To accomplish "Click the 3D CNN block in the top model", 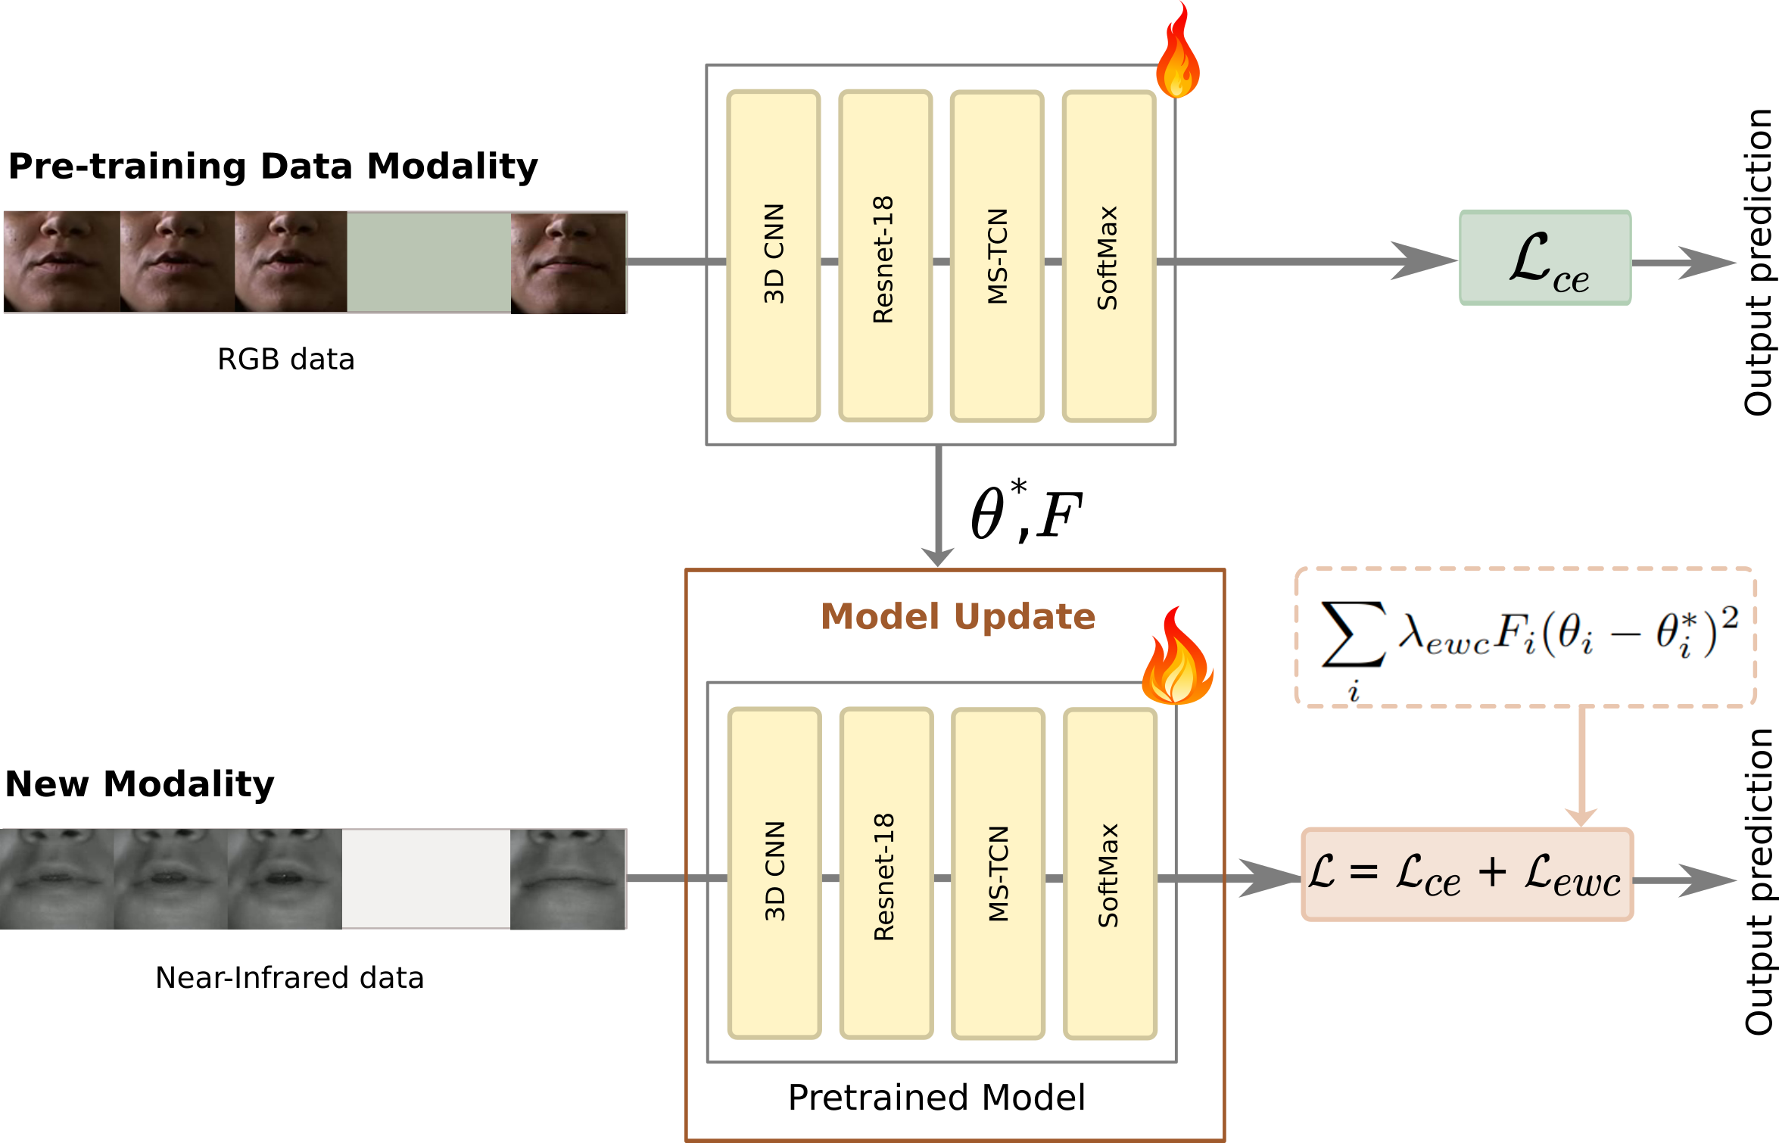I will tap(773, 256).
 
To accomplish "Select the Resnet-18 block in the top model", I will tap(885, 256).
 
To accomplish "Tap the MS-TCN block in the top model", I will tap(997, 256).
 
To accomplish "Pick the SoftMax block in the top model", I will tap(1108, 256).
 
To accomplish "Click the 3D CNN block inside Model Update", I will tap(774, 873).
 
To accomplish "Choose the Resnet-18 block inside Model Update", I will tap(886, 873).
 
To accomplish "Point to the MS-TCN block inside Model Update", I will tap(998, 873).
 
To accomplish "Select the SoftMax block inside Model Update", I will tap(1110, 873).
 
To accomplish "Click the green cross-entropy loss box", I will tap(1545, 258).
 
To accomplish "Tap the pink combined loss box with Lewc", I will tap(1466, 874).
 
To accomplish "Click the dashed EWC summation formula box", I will tap(1529, 638).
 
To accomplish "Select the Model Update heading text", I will tap(958, 616).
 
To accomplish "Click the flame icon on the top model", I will tap(1177, 53).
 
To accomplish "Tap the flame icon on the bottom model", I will tap(1176, 659).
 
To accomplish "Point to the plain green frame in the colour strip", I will tap(428, 262).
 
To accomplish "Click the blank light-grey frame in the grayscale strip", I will tap(425, 879).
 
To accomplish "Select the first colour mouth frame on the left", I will tap(61, 261).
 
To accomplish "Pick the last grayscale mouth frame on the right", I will tap(568, 879).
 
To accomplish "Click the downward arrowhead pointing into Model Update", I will tap(938, 556).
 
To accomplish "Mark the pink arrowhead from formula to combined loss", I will tap(1581, 816).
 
